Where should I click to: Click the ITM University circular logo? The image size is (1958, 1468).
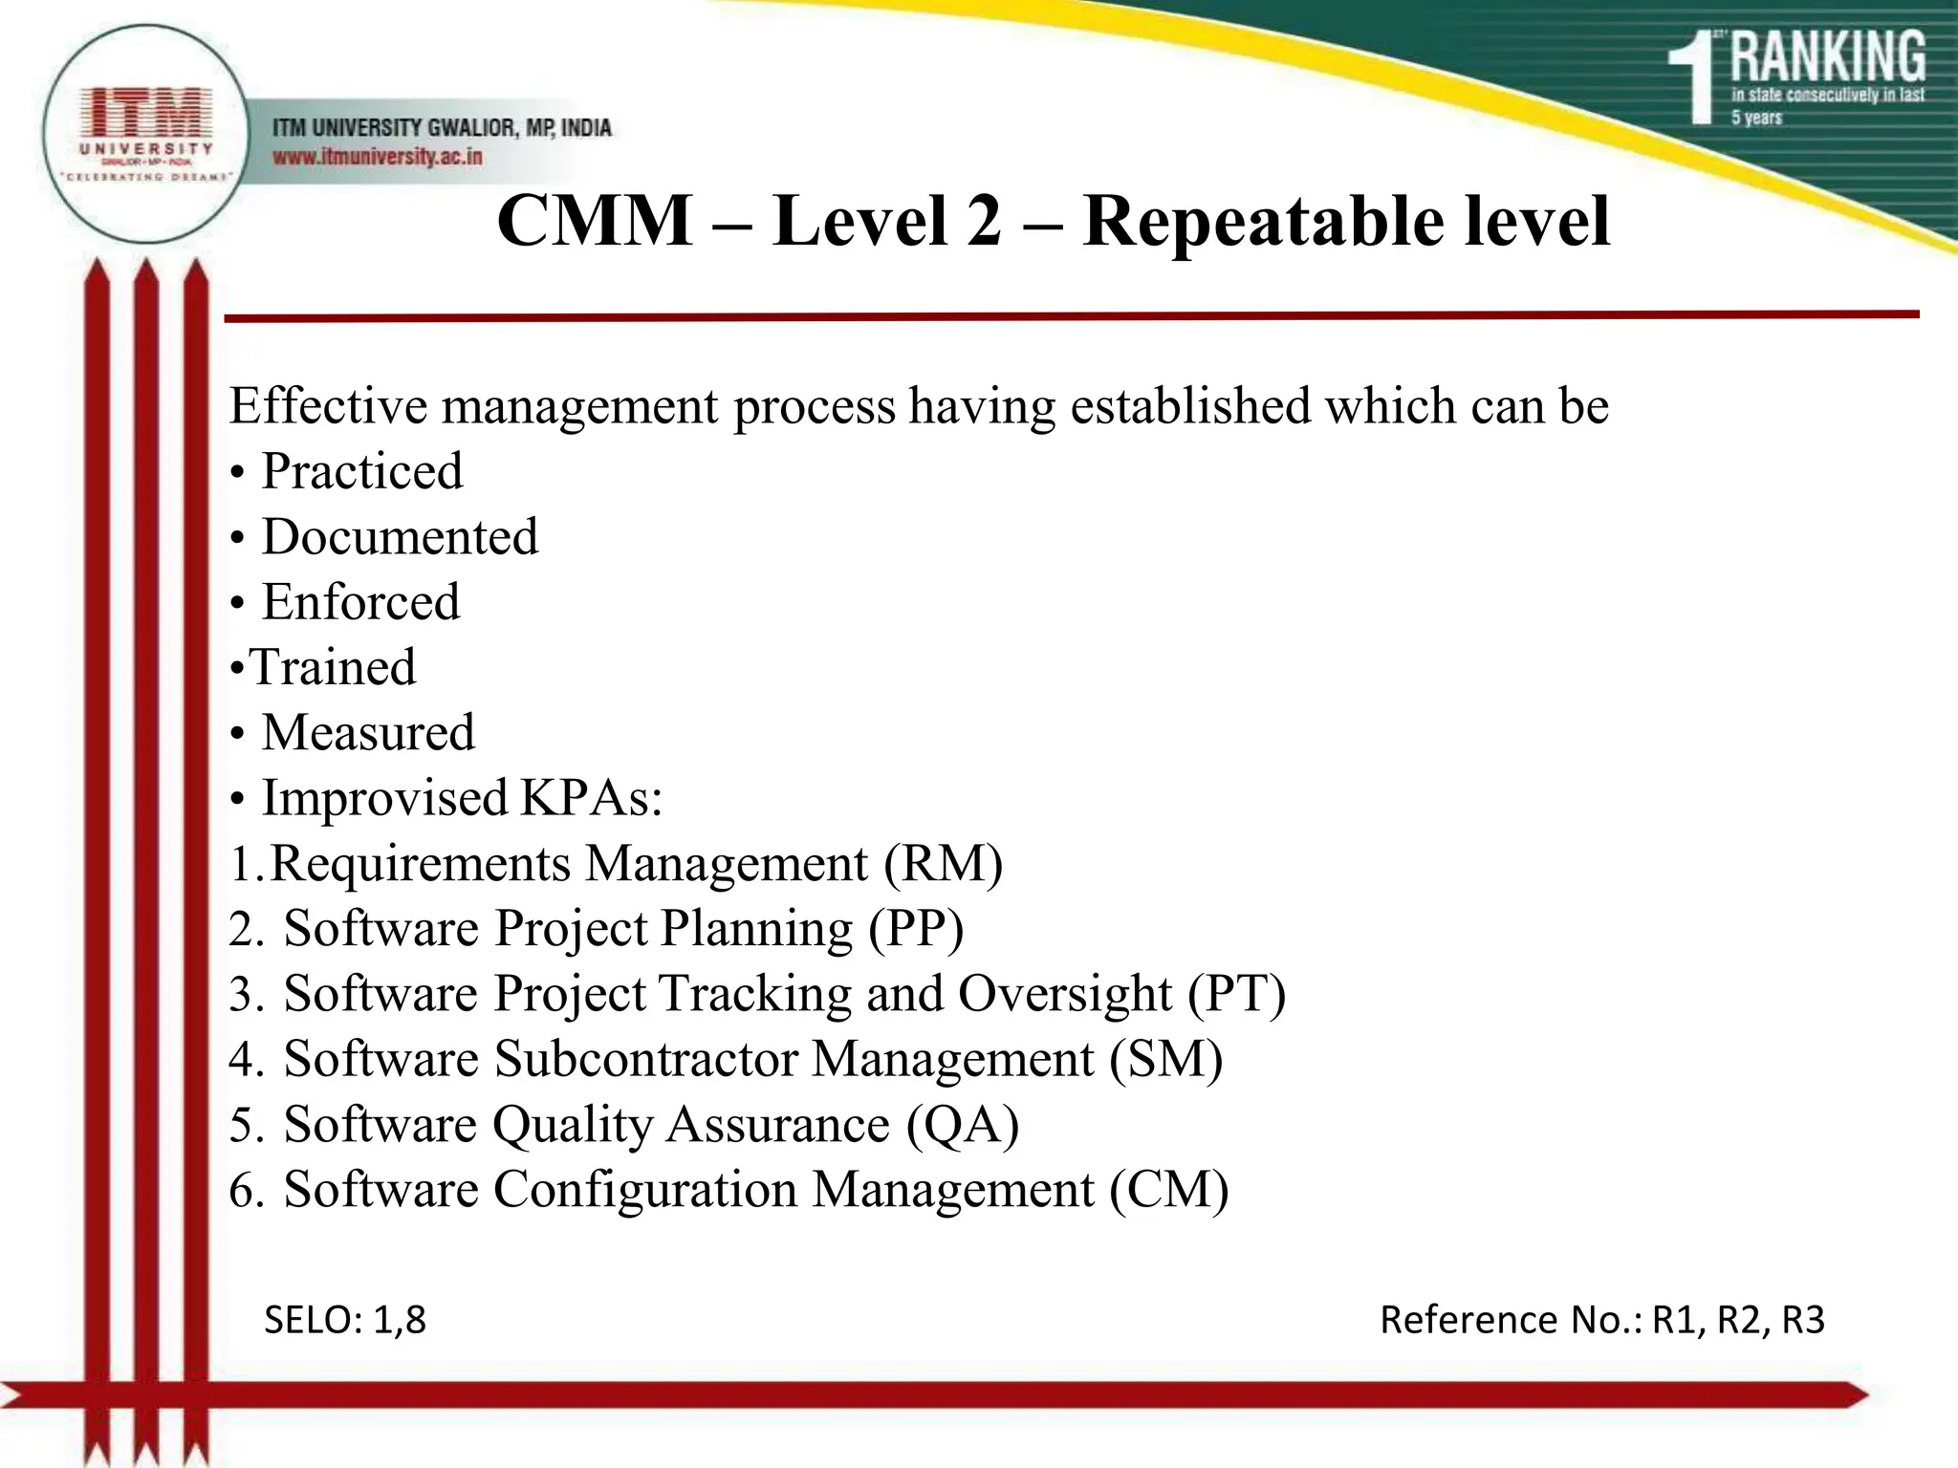[145, 133]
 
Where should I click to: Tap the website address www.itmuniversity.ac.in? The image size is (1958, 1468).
[378, 157]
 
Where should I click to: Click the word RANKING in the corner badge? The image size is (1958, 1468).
[1828, 57]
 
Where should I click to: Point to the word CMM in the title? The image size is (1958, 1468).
[595, 222]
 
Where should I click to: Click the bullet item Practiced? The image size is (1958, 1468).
[362, 471]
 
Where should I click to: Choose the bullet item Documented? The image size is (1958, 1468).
[400, 537]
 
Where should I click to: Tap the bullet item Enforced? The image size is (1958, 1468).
[360, 602]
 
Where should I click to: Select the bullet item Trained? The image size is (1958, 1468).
[334, 667]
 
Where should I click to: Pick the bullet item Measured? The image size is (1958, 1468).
[368, 733]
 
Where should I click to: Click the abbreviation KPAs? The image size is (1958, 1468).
[591, 798]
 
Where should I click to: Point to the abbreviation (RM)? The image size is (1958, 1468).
[943, 864]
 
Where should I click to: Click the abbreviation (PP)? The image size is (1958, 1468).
[916, 929]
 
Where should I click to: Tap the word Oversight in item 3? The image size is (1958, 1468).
[1064, 994]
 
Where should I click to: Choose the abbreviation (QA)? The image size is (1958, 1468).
[962, 1125]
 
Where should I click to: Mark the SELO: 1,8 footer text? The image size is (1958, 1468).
[344, 1320]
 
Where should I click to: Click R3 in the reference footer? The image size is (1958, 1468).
[1803, 1320]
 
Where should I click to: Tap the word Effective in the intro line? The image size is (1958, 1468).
[328, 406]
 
